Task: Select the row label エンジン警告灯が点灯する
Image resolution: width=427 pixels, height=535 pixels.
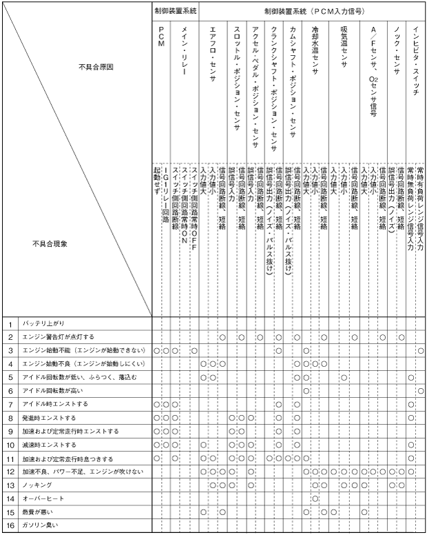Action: coord(54,336)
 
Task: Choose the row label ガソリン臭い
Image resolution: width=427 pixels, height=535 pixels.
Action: coord(40,526)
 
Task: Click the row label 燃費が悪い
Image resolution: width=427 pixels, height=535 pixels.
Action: coord(37,512)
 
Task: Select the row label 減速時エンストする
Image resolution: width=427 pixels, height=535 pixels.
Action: coord(48,445)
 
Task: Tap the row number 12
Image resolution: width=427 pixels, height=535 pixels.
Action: coord(10,472)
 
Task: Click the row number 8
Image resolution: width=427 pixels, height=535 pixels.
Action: coord(10,418)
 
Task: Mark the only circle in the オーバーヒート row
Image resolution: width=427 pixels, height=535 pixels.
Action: coord(315,498)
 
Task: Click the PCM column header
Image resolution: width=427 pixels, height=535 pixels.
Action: coord(160,37)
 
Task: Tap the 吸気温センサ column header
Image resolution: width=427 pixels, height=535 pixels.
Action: coord(343,49)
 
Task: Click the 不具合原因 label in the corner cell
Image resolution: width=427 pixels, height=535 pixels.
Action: coord(96,67)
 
